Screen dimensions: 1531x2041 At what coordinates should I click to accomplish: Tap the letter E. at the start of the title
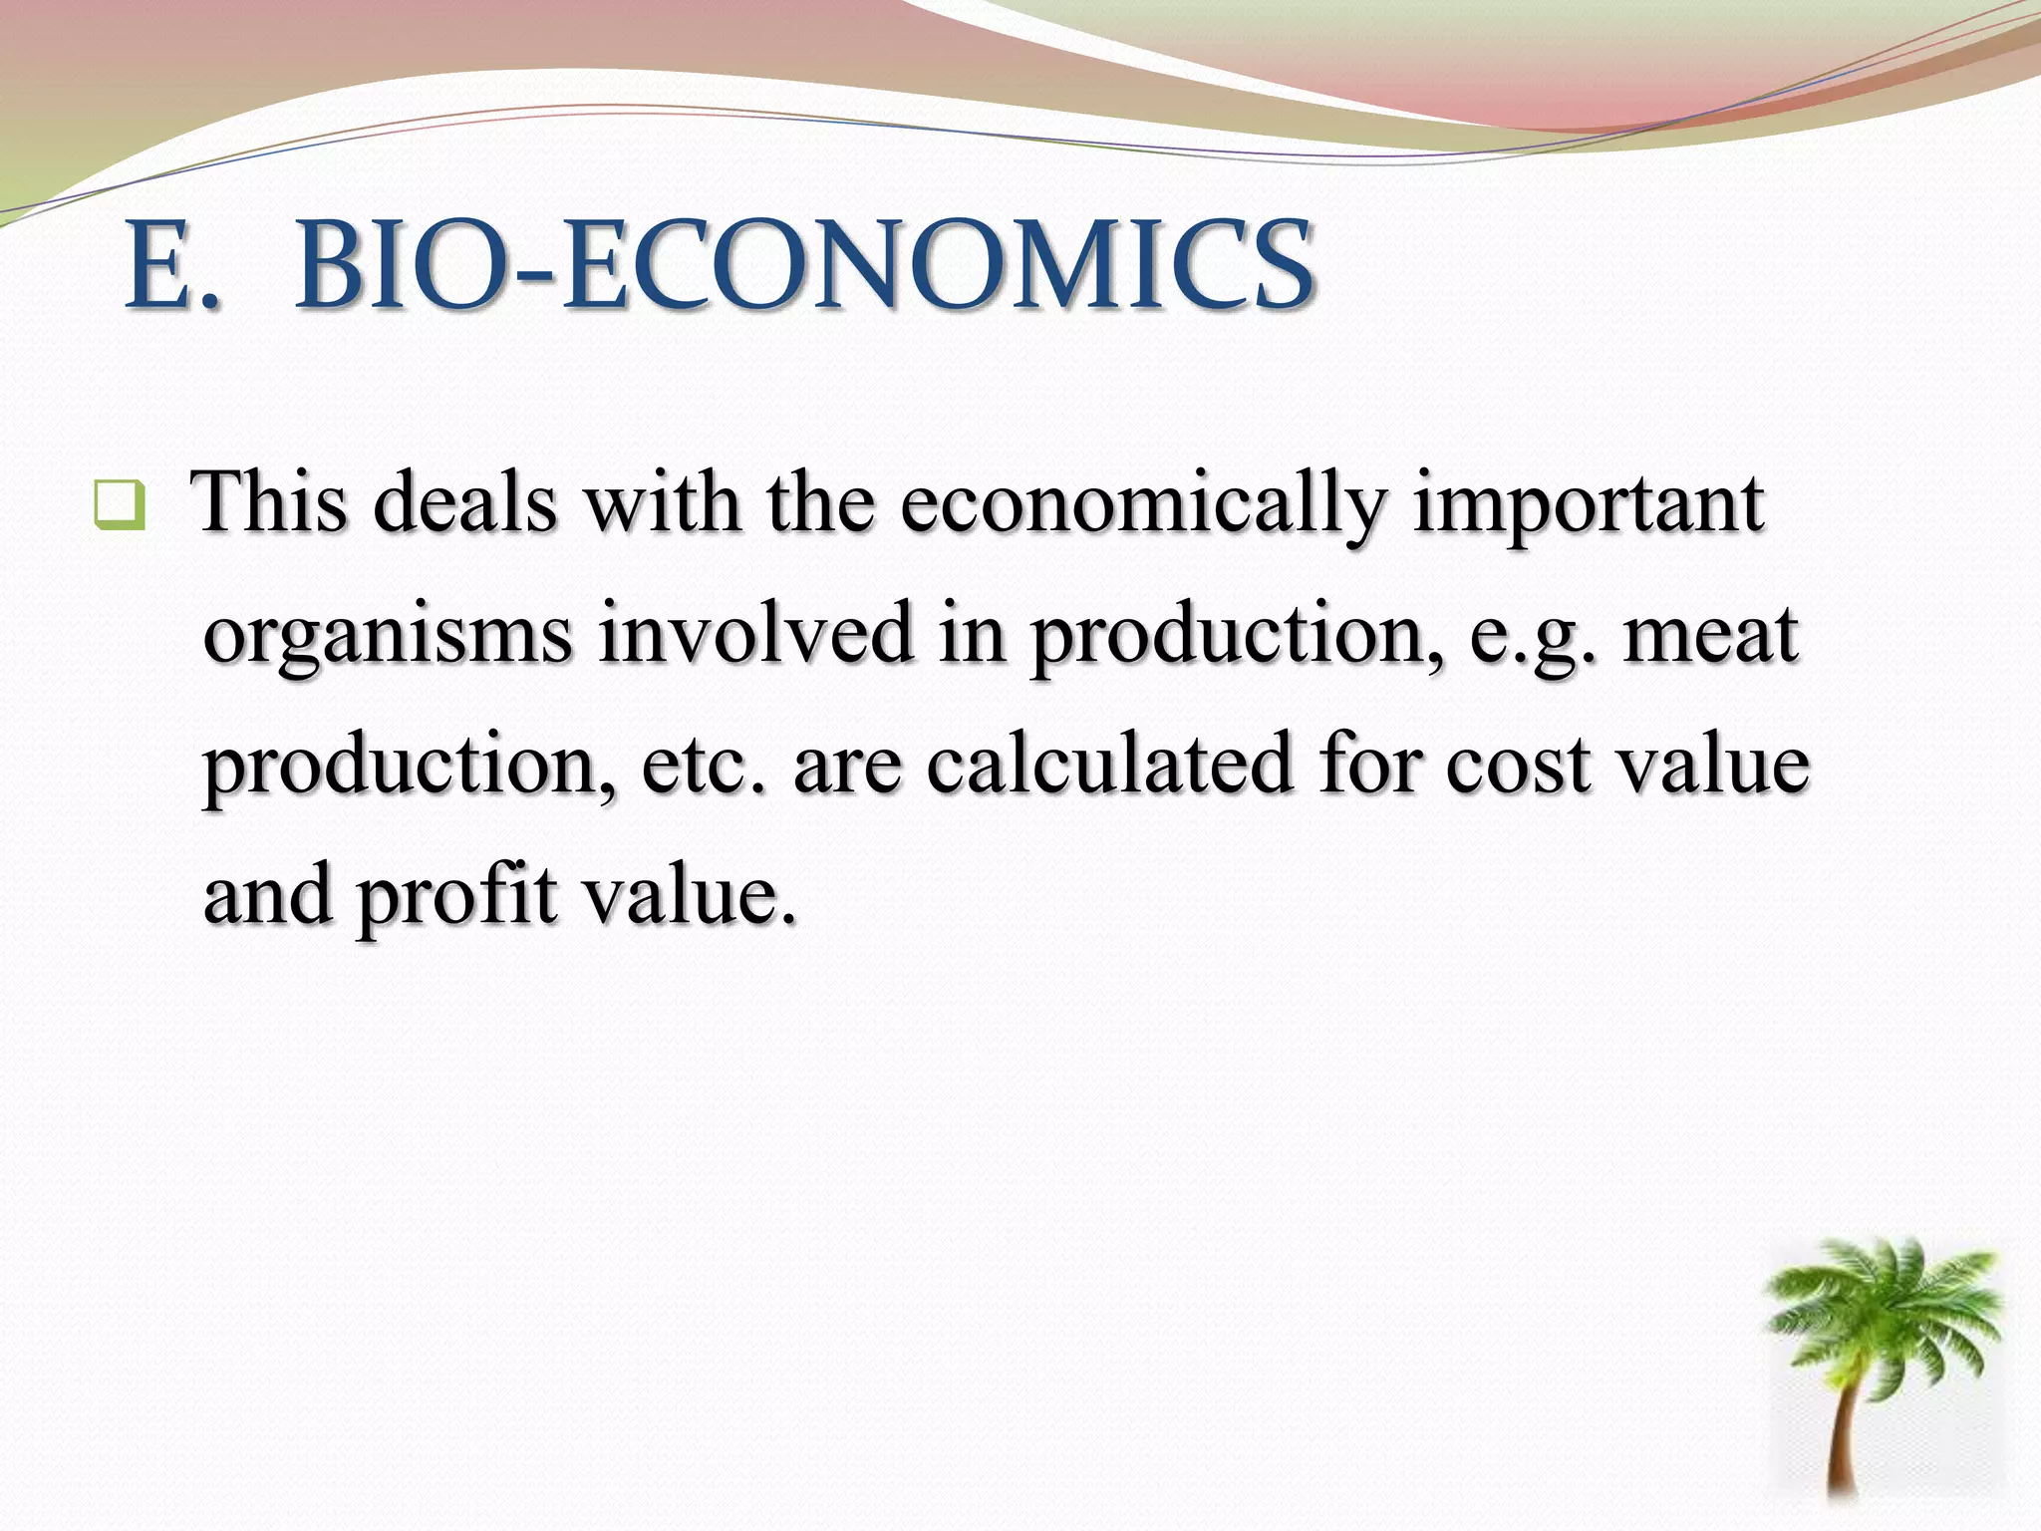(x=169, y=265)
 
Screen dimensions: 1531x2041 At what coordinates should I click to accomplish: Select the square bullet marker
(x=120, y=505)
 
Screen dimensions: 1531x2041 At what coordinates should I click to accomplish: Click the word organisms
(x=388, y=636)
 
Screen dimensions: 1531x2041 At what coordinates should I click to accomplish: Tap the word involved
(x=756, y=634)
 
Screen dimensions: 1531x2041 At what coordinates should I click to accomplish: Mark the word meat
(x=1710, y=634)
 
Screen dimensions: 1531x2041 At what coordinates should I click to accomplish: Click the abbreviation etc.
(x=706, y=765)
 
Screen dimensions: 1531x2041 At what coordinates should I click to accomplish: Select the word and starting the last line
(x=267, y=893)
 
